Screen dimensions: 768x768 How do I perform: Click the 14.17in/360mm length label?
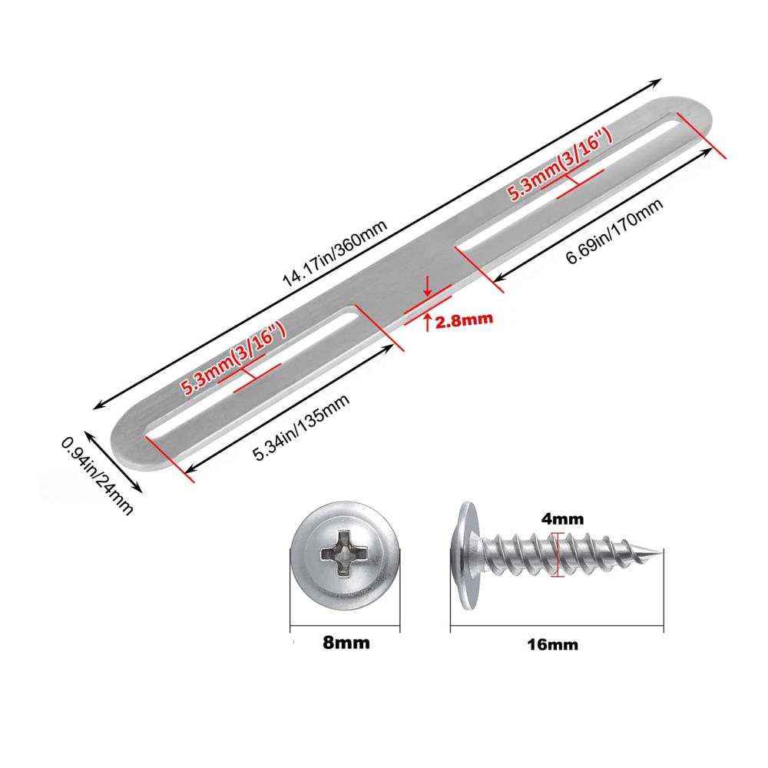[x=335, y=253]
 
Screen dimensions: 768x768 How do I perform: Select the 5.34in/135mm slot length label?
[x=301, y=427]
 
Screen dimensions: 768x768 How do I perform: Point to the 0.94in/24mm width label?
[x=97, y=476]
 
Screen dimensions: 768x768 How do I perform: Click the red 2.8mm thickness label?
[x=464, y=320]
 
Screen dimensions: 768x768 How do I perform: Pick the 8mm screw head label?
[x=346, y=642]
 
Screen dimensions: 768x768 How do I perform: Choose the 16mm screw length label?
[x=552, y=644]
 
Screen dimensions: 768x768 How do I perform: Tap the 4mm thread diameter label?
[x=562, y=518]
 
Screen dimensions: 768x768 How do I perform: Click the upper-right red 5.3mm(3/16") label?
[x=560, y=165]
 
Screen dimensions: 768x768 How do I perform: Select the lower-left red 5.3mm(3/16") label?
[x=233, y=359]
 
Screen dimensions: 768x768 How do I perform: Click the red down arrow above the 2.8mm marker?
[x=428, y=287]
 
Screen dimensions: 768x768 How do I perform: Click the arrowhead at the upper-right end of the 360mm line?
[x=657, y=82]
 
